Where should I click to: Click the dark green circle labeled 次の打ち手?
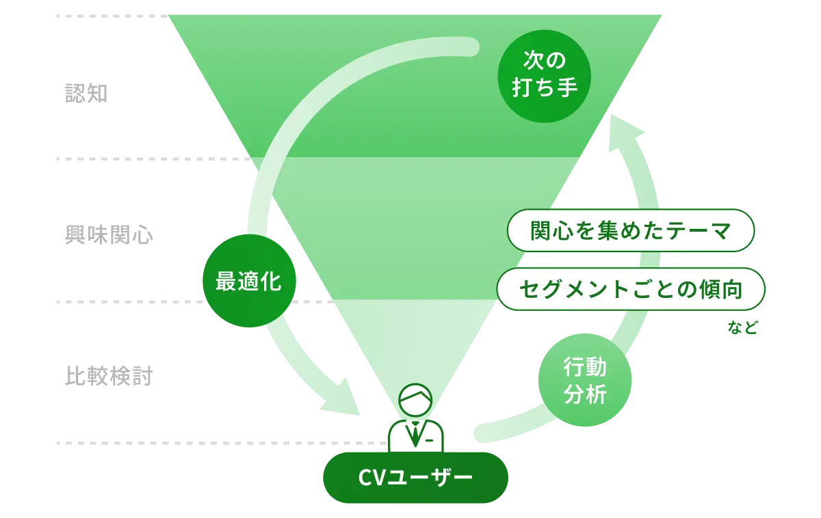tap(544, 75)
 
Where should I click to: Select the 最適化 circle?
tap(249, 281)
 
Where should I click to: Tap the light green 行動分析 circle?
tap(585, 380)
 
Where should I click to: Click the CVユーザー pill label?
tap(415, 476)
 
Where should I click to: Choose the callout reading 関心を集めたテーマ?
tap(630, 230)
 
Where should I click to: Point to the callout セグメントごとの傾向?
tap(630, 289)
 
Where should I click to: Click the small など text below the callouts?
tap(743, 329)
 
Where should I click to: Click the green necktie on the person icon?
tap(415, 435)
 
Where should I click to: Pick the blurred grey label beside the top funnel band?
tap(86, 92)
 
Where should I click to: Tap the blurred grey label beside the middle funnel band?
tap(106, 236)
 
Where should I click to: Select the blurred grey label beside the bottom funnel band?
tap(107, 375)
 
